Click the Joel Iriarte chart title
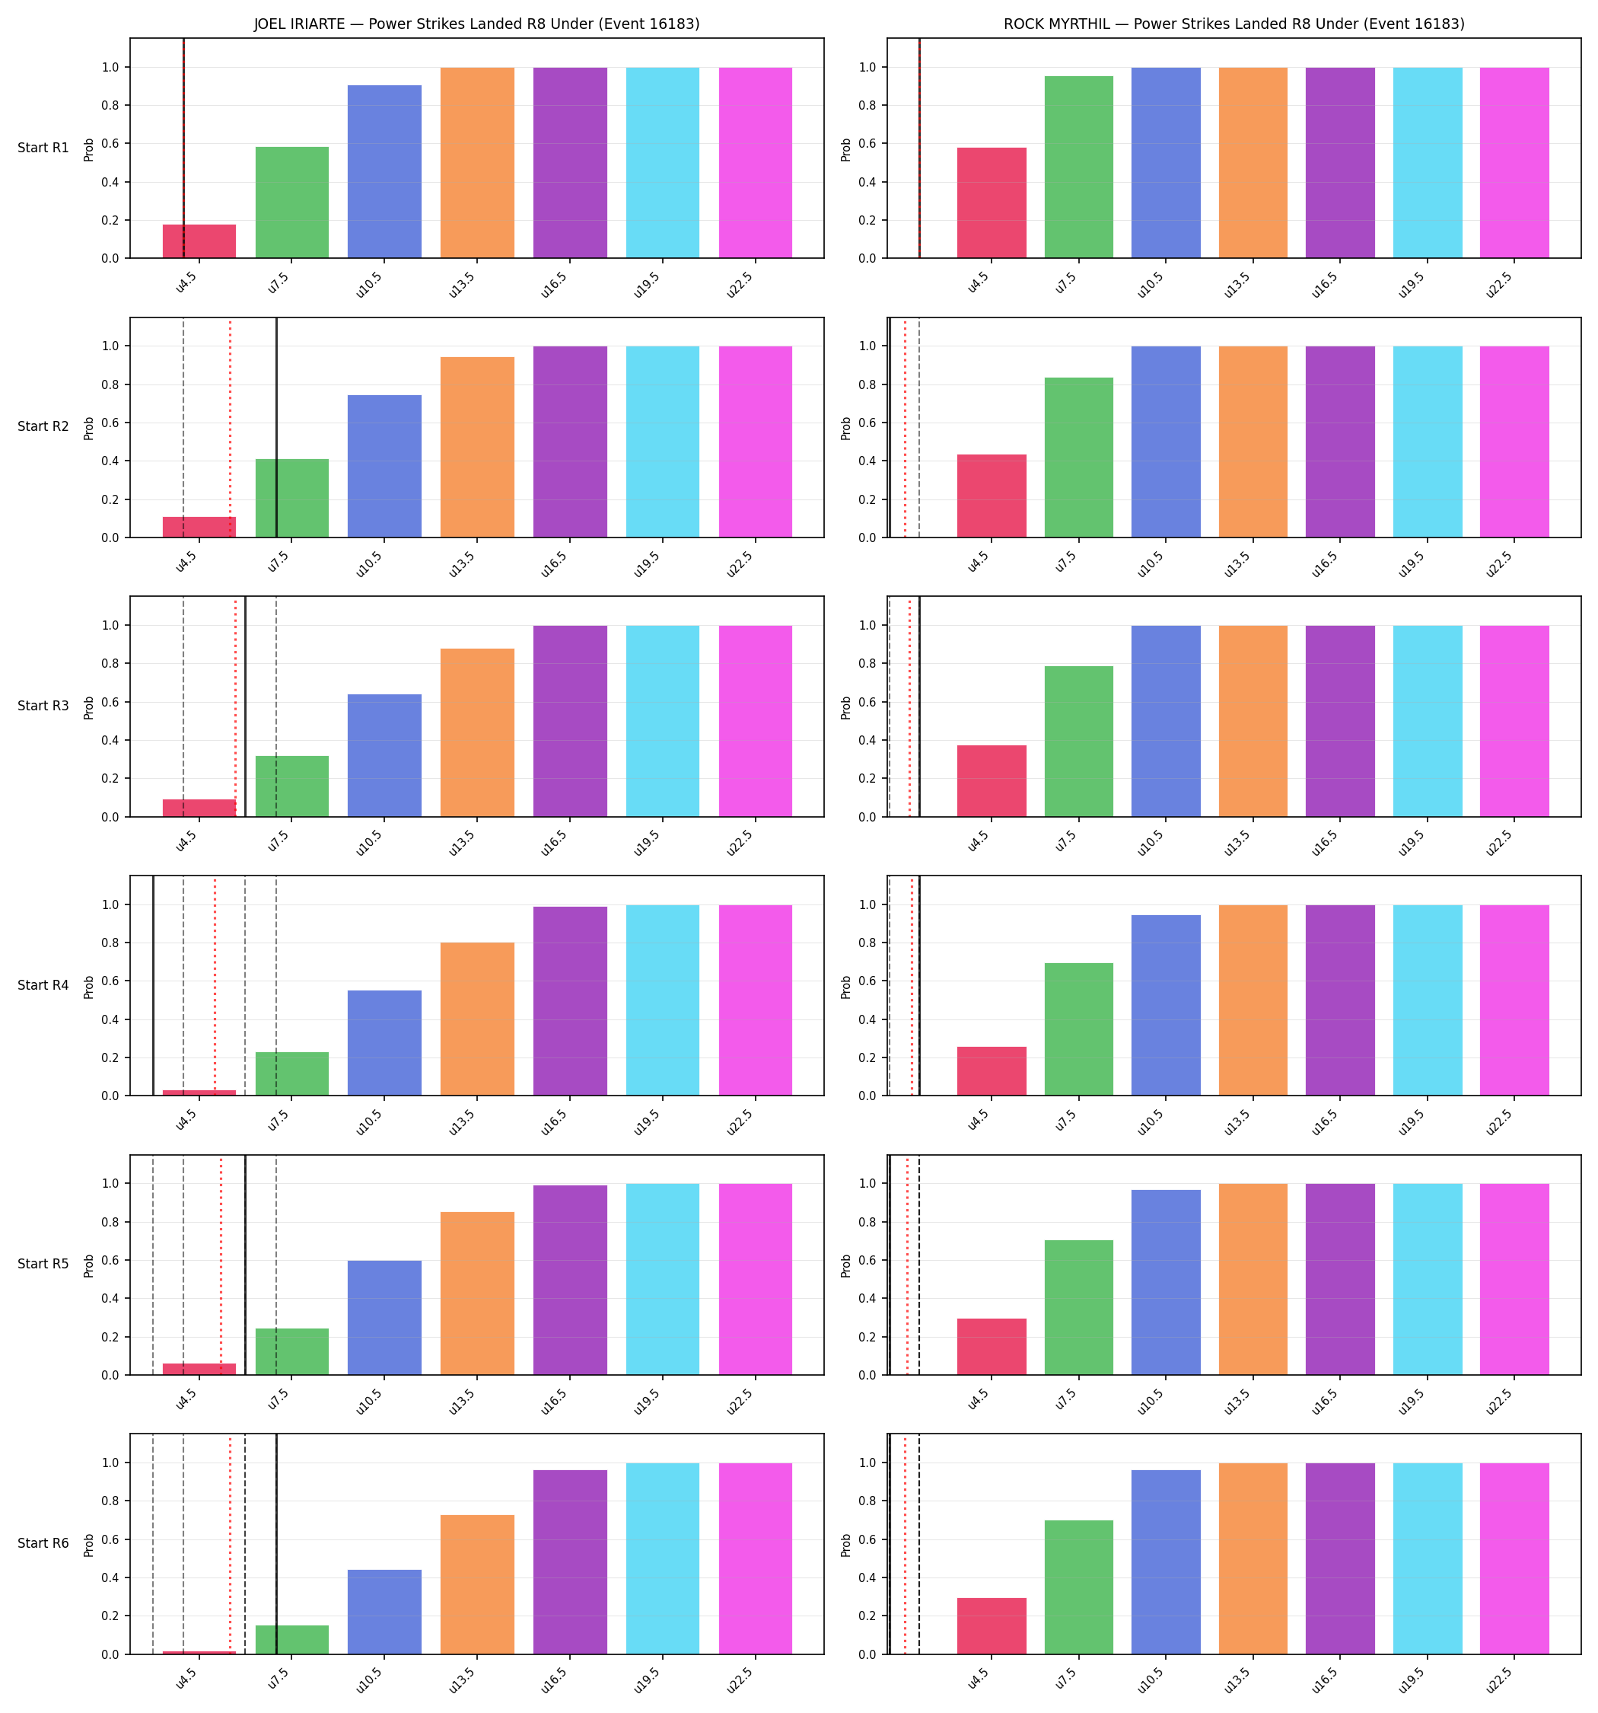click(x=476, y=24)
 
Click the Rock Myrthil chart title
click(x=1234, y=24)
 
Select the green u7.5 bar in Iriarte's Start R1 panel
click(x=292, y=203)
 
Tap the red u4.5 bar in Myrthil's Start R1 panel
click(x=992, y=203)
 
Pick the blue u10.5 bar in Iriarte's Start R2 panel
click(x=385, y=466)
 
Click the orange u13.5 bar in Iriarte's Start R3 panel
click(x=477, y=732)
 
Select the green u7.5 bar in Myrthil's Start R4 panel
click(x=1078, y=1029)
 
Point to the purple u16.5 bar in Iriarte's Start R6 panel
click(x=570, y=1562)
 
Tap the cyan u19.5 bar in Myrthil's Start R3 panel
click(x=1428, y=721)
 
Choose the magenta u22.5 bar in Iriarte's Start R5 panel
click(x=756, y=1279)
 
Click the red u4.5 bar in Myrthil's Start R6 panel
click(x=992, y=1626)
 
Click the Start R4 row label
click(x=43, y=985)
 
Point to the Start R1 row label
click(x=43, y=148)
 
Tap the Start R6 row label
click(x=43, y=1542)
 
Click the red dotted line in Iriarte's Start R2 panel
click(x=230, y=427)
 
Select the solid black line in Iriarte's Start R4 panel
click(x=154, y=986)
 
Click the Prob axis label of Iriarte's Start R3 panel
click(x=89, y=707)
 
